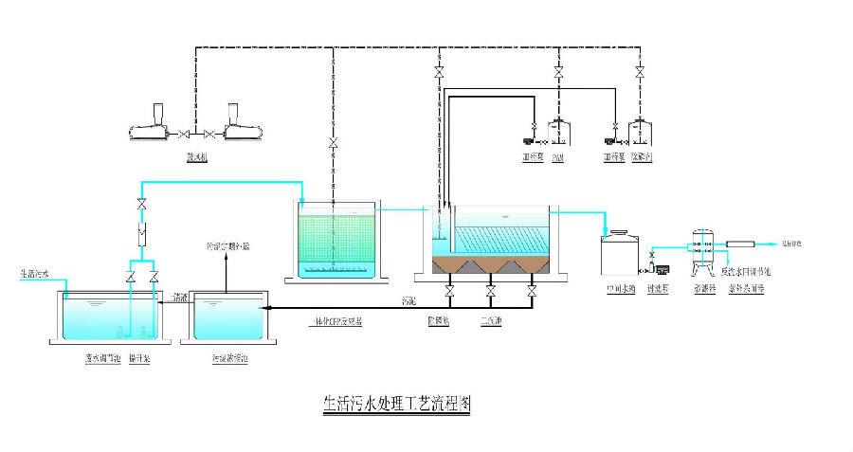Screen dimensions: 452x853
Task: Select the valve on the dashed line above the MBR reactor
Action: (334, 144)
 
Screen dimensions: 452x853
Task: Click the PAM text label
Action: (558, 156)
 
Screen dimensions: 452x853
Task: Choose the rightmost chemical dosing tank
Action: (642, 132)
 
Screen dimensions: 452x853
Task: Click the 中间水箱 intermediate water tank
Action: (621, 256)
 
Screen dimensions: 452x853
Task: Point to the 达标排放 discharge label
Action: (789, 244)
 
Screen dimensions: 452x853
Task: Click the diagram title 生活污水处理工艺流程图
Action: (391, 403)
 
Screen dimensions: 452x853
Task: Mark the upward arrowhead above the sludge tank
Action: (226, 264)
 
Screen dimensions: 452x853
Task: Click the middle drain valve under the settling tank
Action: (491, 289)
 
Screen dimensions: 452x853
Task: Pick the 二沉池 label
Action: (490, 321)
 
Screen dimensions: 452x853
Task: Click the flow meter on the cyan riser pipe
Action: (141, 230)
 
